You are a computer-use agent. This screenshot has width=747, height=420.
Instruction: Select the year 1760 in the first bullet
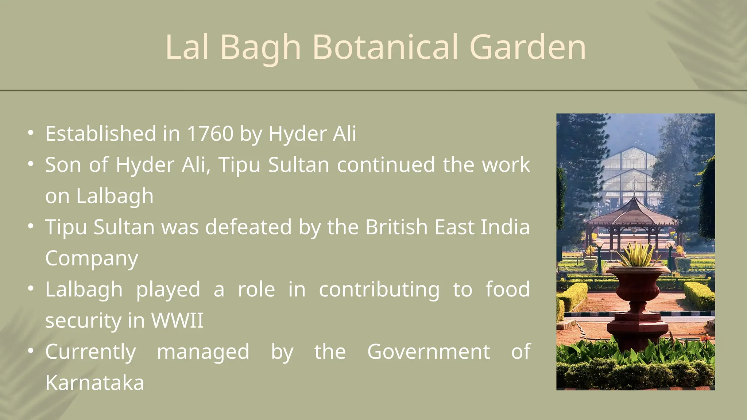[x=210, y=133]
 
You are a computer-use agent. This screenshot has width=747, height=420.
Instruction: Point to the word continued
[x=386, y=165]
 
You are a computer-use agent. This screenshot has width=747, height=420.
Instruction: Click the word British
[x=396, y=227]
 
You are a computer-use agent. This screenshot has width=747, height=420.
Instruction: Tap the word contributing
[x=379, y=289]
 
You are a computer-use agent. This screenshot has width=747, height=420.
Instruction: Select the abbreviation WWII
[x=177, y=320]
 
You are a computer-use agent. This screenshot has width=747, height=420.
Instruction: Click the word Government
[x=428, y=352]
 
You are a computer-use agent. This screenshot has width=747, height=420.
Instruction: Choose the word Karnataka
[x=95, y=383]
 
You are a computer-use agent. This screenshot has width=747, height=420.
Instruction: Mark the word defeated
[x=248, y=227]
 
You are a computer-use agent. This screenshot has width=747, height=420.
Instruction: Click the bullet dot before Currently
[x=31, y=351]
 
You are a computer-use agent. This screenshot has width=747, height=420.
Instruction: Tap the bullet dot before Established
[x=31, y=133]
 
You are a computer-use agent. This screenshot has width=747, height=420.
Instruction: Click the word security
[x=83, y=320]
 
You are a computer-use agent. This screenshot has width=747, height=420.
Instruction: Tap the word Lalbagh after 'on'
[x=115, y=196]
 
